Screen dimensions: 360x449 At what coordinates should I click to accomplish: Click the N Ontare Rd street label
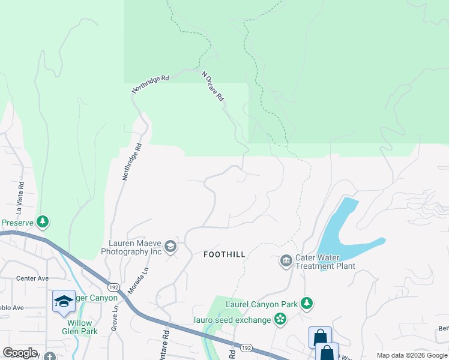point(213,86)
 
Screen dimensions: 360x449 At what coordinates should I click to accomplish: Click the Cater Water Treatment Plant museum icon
point(286,260)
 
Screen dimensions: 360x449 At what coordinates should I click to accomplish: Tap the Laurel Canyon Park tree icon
point(307,304)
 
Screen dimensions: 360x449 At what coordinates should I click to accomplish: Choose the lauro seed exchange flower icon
point(280,319)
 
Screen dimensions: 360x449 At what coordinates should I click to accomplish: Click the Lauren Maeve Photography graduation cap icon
point(170,247)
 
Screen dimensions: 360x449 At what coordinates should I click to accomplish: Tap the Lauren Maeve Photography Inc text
point(135,248)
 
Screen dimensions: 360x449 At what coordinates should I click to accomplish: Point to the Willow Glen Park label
point(79,327)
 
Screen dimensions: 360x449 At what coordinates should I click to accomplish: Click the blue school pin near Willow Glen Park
point(64,301)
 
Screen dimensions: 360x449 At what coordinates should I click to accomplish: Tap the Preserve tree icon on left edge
point(42,223)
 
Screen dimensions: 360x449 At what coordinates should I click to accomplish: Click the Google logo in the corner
point(20,353)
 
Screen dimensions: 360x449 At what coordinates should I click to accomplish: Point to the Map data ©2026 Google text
point(411,355)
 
